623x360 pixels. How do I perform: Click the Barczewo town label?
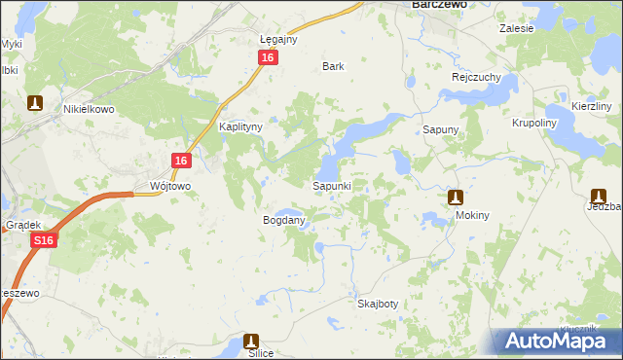tap(435, 5)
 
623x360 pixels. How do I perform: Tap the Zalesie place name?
tap(517, 28)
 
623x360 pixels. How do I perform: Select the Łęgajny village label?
tap(278, 40)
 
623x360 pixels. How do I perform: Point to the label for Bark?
tap(334, 67)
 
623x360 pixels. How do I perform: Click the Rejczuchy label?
tap(475, 77)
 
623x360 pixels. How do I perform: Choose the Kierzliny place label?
tap(592, 105)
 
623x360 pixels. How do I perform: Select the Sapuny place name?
tap(440, 128)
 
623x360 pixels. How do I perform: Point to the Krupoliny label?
tap(533, 125)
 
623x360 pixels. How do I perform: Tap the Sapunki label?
tap(338, 185)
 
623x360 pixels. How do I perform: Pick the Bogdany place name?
tap(284, 221)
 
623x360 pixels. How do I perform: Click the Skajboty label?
tap(378, 304)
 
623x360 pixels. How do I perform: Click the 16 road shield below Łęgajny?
tap(269, 58)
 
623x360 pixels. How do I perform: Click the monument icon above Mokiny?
tap(454, 198)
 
